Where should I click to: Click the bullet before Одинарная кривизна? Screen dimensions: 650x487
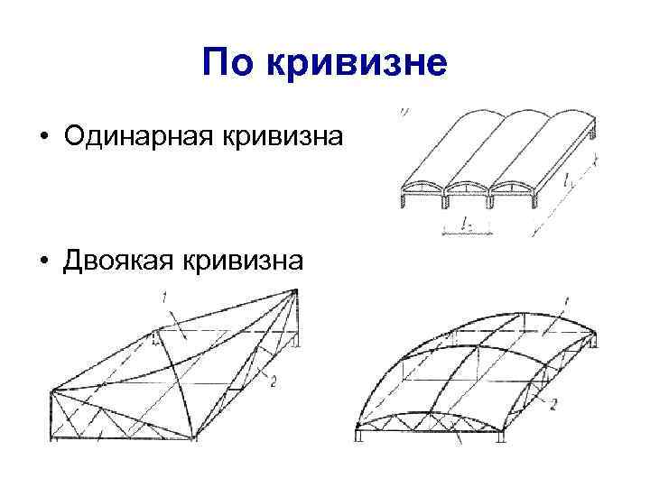(43, 137)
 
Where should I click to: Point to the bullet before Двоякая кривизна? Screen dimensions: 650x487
(43, 261)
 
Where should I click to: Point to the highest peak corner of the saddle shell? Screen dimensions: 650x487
(296, 289)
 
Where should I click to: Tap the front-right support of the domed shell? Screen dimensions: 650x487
(500, 439)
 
